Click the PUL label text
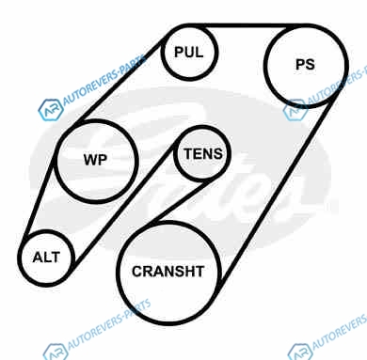click(189, 52)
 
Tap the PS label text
click(305, 65)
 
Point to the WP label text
click(95, 160)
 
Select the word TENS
click(203, 154)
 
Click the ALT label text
click(46, 258)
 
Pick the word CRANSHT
click(168, 272)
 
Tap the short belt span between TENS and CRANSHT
click(181, 201)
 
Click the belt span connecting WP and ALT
click(40, 195)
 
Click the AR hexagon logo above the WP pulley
click(50, 110)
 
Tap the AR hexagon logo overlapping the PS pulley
click(295, 110)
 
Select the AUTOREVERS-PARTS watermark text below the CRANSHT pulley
click(109, 324)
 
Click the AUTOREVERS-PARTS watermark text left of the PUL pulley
click(104, 81)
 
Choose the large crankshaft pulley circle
click(169, 273)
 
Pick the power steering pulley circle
click(306, 66)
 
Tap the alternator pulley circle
click(46, 258)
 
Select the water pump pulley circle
click(96, 161)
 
